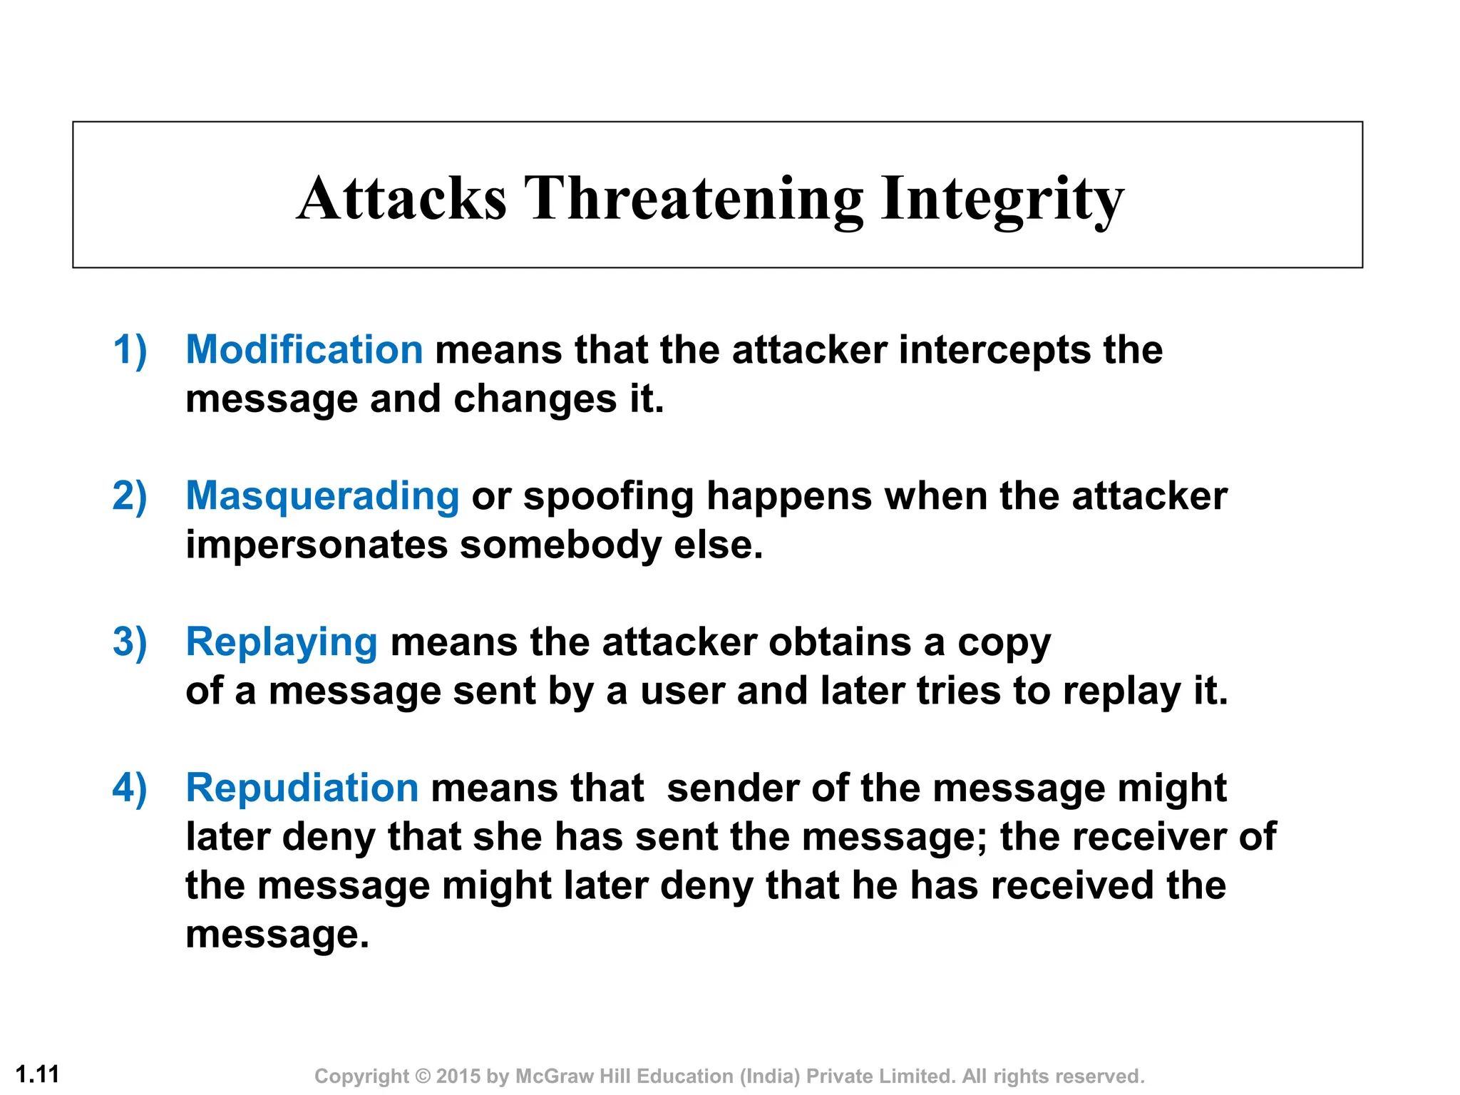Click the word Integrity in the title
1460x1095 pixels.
pos(1002,200)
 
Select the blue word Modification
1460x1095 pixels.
pos(304,350)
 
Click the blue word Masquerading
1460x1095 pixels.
pos(322,496)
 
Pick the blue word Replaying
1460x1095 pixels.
pos(281,642)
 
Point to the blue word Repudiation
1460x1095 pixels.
pos(302,788)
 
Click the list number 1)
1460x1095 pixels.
pos(130,350)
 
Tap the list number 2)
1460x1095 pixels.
pos(130,496)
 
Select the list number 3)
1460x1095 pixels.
pos(130,642)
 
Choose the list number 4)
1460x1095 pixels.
pos(130,788)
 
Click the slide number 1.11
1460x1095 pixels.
pos(37,1074)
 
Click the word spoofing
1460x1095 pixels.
pos(608,496)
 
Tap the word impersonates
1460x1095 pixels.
pos(316,545)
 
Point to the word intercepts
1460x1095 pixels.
pos(994,350)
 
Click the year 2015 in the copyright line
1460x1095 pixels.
pos(458,1076)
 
